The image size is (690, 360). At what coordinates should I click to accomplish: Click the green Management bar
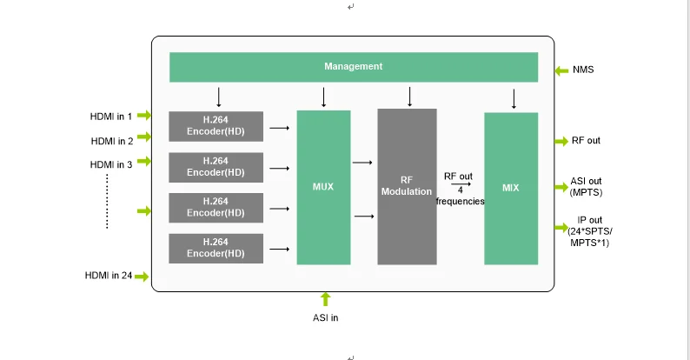coord(353,67)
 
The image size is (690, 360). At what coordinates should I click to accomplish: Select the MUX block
coord(323,187)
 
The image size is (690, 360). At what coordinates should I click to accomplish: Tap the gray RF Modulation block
coord(407,186)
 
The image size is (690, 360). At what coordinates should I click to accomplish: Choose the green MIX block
coord(511,187)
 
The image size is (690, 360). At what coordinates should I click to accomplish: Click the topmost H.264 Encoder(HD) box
coord(216,126)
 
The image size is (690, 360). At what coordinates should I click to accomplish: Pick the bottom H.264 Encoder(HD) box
coord(216,248)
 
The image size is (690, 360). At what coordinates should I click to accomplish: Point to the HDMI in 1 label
coord(111,116)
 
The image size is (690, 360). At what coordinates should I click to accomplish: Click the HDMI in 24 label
coord(109,276)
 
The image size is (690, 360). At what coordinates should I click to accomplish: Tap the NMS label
coord(584,70)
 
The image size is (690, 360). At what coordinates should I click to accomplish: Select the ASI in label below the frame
coord(326,317)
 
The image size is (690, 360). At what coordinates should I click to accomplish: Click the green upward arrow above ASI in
coord(326,299)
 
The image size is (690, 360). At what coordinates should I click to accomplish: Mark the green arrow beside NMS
coord(561,70)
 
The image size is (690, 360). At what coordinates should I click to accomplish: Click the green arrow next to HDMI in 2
coord(144,138)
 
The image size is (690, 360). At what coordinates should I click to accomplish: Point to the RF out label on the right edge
coord(586,140)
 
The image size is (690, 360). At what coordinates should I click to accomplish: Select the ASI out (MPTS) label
coord(586,186)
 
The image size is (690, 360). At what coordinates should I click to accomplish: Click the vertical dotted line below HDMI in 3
coord(107,201)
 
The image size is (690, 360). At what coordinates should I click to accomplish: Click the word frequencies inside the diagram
coord(460,201)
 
